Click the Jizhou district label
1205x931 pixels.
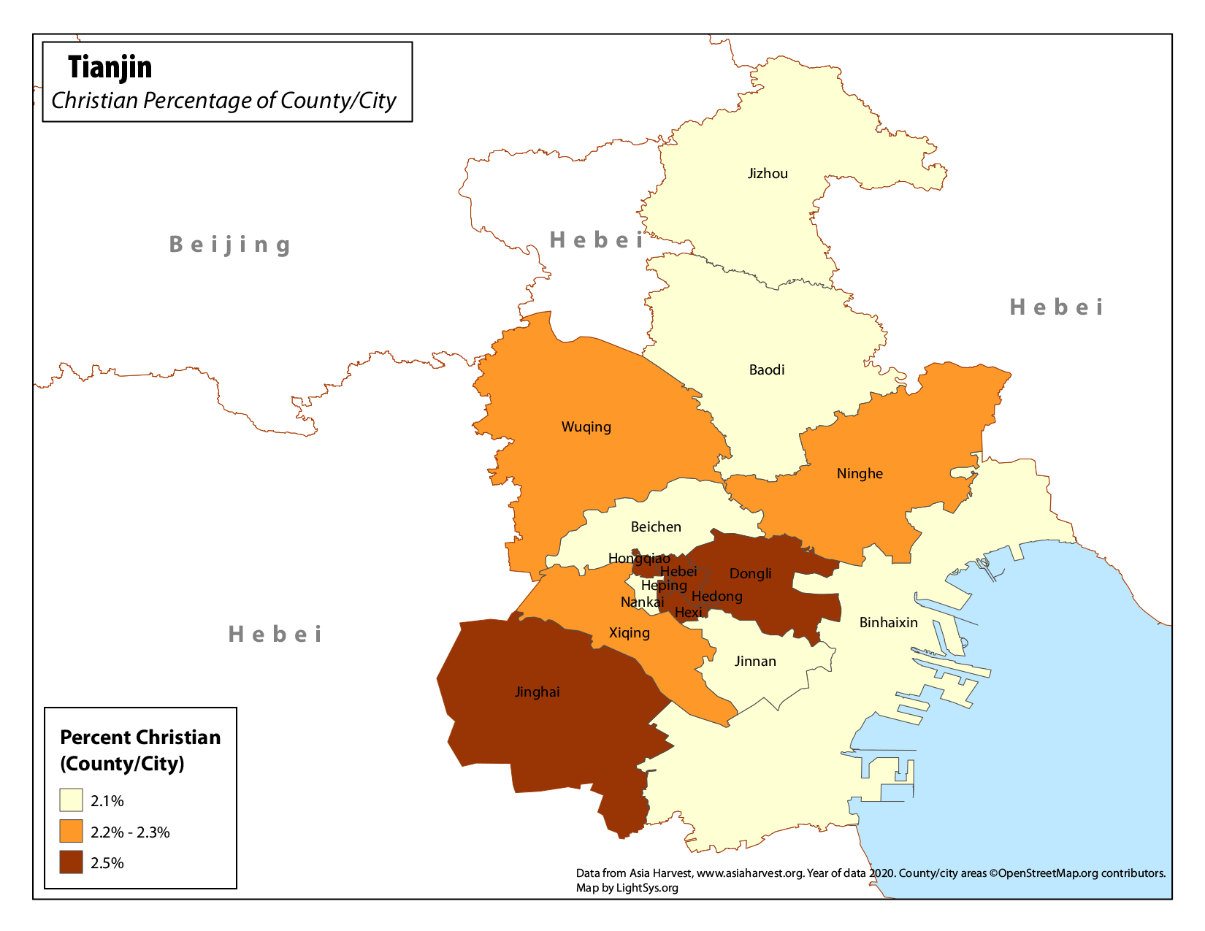click(x=768, y=174)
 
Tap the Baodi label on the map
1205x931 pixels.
click(x=767, y=370)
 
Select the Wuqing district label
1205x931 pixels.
click(x=586, y=427)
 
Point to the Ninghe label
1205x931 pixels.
click(x=860, y=474)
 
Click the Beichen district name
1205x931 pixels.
click(x=656, y=527)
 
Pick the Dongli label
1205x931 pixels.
click(x=750, y=574)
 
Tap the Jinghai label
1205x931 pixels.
click(x=537, y=692)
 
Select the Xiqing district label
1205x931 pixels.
click(x=629, y=633)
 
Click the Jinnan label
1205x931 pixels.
click(x=755, y=662)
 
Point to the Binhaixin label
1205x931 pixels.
click(x=888, y=623)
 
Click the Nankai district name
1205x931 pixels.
click(x=642, y=602)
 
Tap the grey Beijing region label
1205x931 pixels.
click(x=230, y=245)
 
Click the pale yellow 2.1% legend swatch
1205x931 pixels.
click(x=71, y=800)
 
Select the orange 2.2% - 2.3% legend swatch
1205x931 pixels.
click(x=71, y=832)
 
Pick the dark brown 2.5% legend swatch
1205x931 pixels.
click(x=71, y=862)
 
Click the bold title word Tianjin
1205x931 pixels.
click(x=110, y=67)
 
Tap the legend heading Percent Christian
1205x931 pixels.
click(x=140, y=737)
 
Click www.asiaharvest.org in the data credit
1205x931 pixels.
click(x=749, y=873)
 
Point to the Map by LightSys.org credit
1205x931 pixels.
click(x=627, y=888)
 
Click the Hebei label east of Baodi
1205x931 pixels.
click(x=1056, y=307)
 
